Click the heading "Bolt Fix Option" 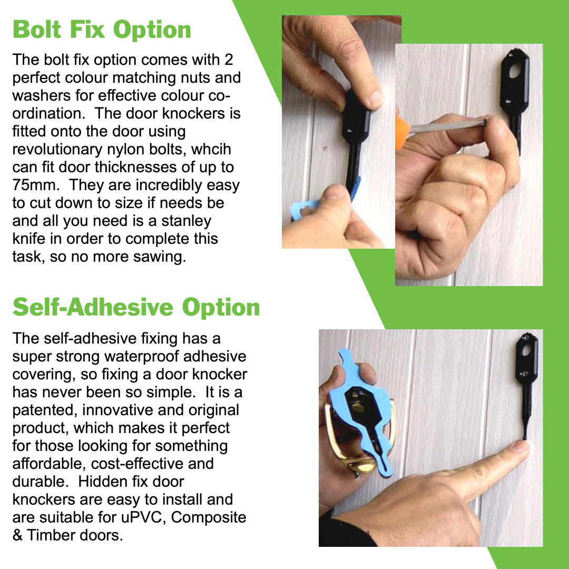102,30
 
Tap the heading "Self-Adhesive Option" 136,307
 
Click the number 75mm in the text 36,185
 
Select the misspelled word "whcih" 211,149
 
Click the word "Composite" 209,517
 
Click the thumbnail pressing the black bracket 373,97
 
